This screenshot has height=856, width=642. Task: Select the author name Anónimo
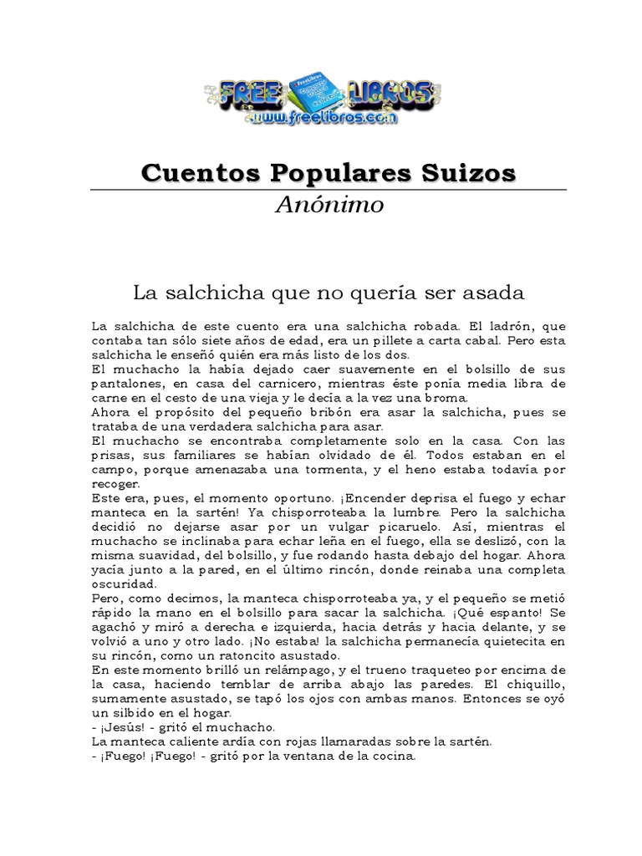(x=330, y=205)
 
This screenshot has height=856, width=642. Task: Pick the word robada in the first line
(x=418, y=326)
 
